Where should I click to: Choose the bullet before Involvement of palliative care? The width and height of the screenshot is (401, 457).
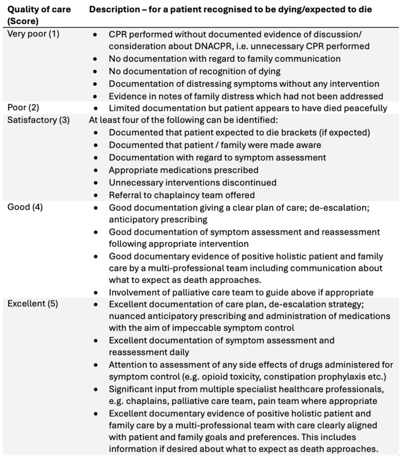pos(95,292)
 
